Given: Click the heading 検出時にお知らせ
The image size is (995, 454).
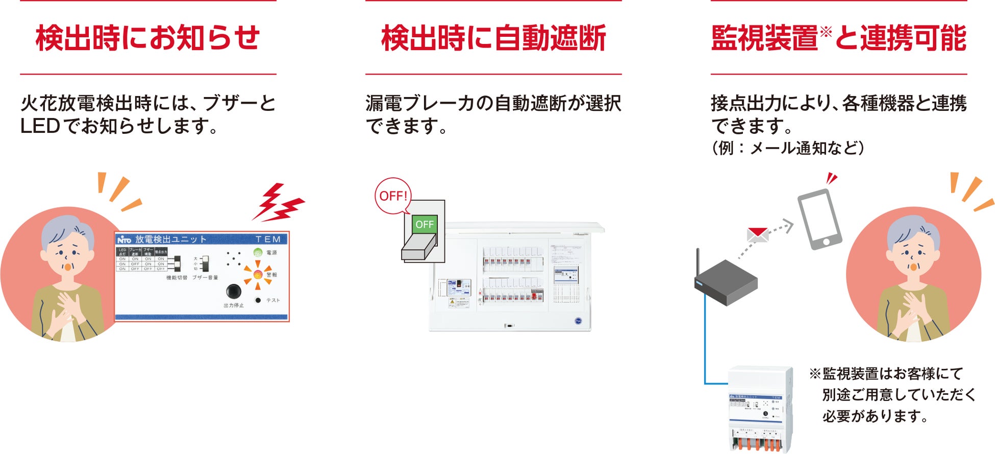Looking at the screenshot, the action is tap(148, 38).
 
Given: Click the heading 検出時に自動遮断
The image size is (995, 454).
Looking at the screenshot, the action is tap(493, 38).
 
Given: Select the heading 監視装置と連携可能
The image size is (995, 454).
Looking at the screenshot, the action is tap(838, 38).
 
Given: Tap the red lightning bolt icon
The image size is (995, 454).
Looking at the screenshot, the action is tap(278, 203).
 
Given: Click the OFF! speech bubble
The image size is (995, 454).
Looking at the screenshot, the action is tap(393, 196).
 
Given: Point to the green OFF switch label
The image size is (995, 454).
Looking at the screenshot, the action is tap(424, 224).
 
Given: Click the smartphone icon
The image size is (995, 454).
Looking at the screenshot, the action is tap(819, 219).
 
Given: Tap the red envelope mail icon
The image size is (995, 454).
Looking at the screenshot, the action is tap(757, 234).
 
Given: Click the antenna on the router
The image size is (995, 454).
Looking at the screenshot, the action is tap(698, 263).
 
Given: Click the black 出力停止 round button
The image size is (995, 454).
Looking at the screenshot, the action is tap(233, 291).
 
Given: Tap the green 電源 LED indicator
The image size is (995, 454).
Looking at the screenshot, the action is tap(258, 252).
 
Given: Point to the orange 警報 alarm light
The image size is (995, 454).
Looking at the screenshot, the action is tap(258, 275).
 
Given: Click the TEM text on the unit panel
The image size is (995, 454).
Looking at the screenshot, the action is tap(268, 239).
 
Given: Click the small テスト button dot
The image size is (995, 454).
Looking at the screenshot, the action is tap(258, 300).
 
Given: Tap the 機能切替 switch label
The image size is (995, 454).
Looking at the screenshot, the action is tap(177, 277).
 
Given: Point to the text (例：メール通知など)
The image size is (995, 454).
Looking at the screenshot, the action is tap(788, 148).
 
